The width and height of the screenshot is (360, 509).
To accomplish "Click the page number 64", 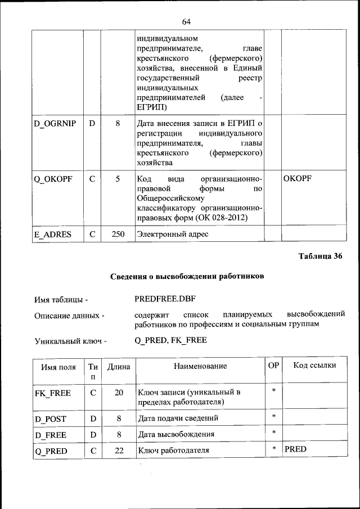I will pos(187,21).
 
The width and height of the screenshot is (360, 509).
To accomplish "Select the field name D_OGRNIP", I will pos(55,123).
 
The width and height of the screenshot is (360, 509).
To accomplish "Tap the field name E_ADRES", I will pos(52,234).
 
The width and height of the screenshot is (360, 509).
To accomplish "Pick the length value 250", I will pos(118,234).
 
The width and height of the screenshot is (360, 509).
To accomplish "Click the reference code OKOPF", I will pos(298,178).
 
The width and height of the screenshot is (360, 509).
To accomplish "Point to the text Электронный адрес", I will pos(172,234).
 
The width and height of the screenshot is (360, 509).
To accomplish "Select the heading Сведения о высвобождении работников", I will pos(186,276).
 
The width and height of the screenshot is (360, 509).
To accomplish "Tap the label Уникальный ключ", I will pos(70,341).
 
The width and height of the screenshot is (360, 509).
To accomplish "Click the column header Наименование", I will pos(200,366).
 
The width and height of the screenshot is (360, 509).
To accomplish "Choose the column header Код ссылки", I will pos(315,366).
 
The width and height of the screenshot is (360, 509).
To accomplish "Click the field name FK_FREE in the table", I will pos(52,393).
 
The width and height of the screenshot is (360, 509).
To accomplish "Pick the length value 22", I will pos(119,451).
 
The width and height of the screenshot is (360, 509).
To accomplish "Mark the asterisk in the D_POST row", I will pos(273,417).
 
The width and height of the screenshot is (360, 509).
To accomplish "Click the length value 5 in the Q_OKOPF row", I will pos(118,178).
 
